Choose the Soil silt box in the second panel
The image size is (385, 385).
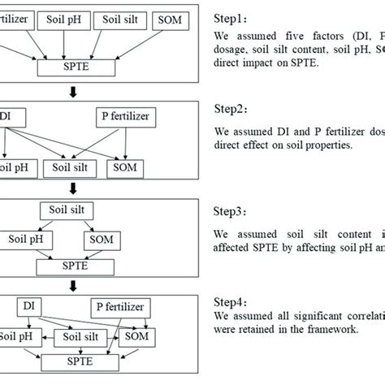pos(72,167)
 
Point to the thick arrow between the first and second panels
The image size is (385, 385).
pos(72,91)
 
